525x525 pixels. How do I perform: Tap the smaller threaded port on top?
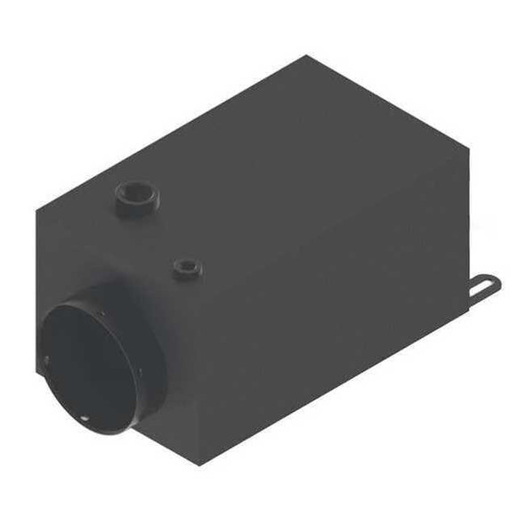coord(187,266)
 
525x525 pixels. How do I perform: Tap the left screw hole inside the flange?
coord(46,359)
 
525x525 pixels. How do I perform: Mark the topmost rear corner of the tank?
coord(306,56)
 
